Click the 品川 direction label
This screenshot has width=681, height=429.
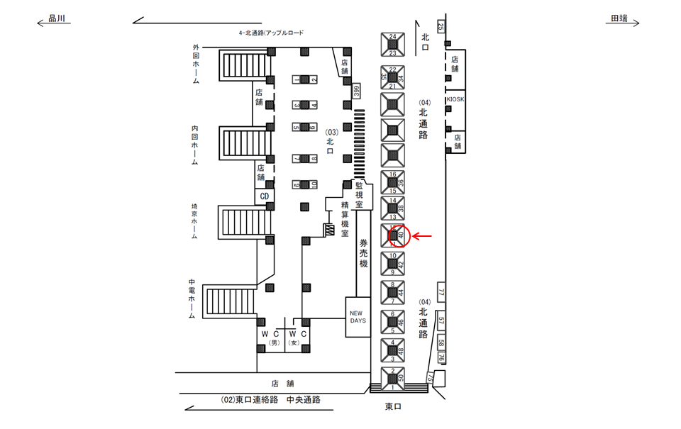(56, 20)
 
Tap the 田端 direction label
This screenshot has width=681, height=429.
(619, 20)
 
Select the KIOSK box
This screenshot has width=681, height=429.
(455, 100)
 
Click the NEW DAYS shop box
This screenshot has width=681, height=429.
(358, 316)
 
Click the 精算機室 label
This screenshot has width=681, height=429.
(344, 216)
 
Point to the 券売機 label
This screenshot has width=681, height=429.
(362, 252)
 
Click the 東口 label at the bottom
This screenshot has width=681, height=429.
(394, 406)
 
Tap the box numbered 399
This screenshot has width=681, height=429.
(357, 91)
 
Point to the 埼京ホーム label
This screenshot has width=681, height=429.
(195, 222)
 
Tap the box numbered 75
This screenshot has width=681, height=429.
(428, 378)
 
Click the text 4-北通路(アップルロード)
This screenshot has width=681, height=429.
(271, 33)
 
